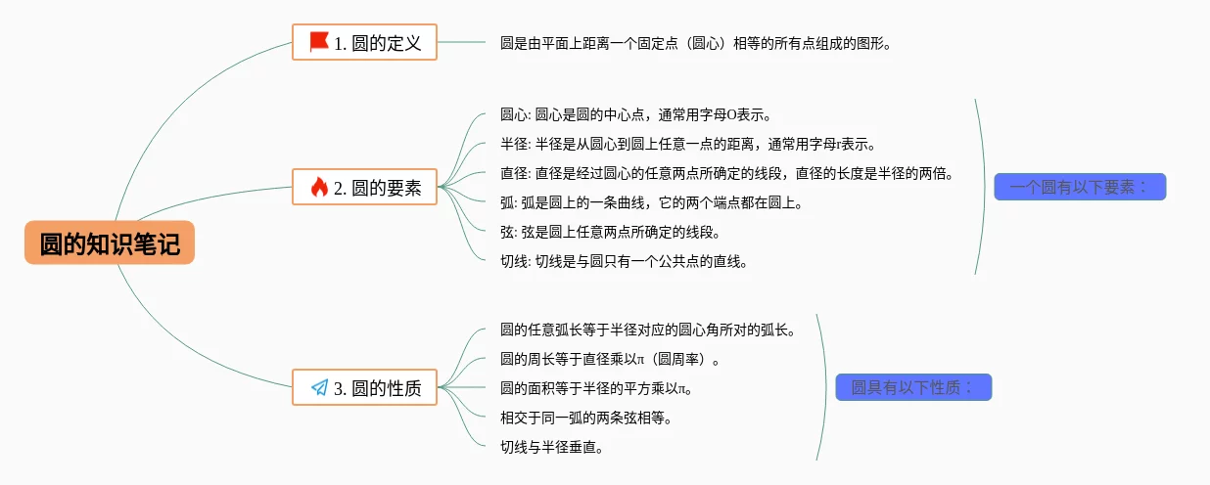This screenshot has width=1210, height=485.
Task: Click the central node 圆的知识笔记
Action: (x=110, y=242)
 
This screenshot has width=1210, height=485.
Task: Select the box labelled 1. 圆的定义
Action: (x=364, y=42)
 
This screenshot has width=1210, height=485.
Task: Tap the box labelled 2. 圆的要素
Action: (x=364, y=188)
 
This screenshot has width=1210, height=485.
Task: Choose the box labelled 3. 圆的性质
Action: (x=364, y=387)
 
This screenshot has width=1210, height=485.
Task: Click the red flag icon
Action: (x=319, y=42)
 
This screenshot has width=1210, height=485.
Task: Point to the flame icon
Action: (x=319, y=188)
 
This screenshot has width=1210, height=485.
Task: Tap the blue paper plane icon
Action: (x=319, y=387)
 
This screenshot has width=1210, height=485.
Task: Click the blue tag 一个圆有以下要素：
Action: (x=1080, y=187)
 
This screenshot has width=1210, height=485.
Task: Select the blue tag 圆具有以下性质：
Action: (x=913, y=387)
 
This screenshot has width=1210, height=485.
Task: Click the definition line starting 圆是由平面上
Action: (x=696, y=43)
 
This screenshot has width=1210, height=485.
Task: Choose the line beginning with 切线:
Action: (x=624, y=261)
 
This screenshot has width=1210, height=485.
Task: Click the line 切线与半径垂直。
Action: (x=551, y=447)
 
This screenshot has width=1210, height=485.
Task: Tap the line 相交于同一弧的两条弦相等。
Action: (x=585, y=418)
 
